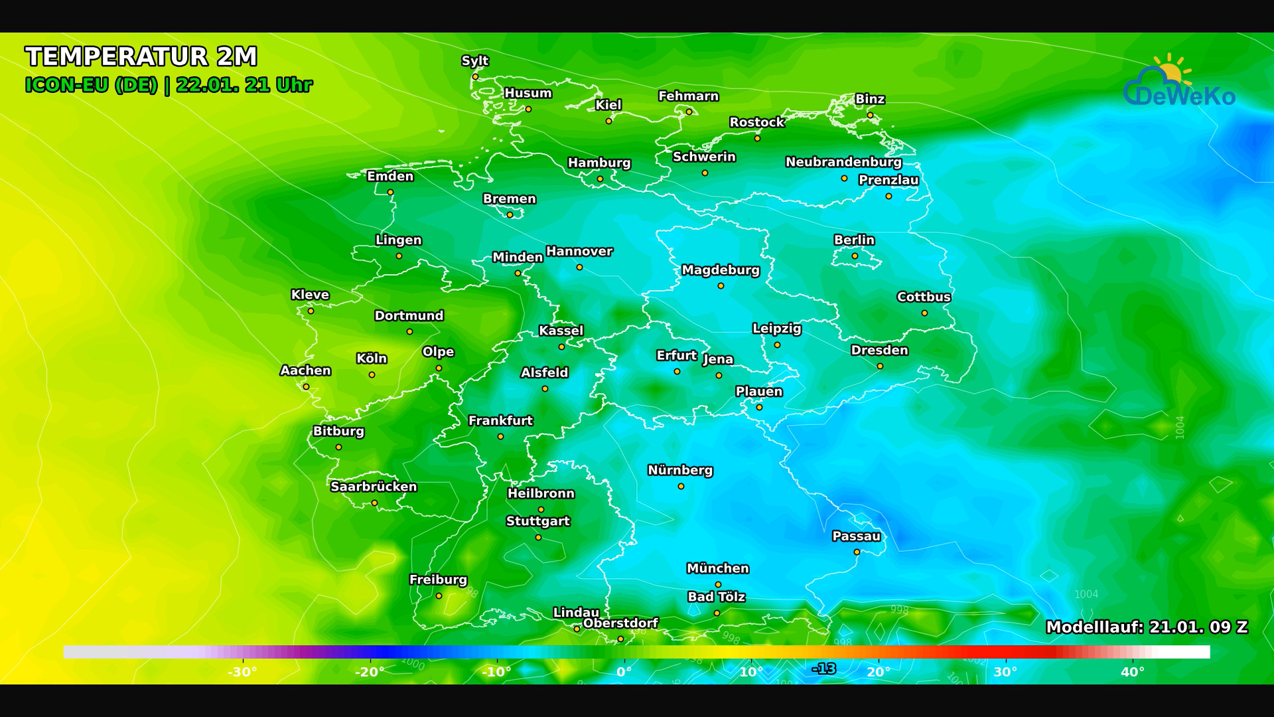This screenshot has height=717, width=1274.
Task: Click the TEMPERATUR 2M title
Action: (141, 56)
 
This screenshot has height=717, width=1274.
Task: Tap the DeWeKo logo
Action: (1179, 83)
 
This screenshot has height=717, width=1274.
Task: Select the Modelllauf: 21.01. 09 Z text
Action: (1146, 627)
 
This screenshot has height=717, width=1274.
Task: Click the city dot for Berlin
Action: (855, 256)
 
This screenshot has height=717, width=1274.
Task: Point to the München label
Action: (717, 568)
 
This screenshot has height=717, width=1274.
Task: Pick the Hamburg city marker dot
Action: (600, 179)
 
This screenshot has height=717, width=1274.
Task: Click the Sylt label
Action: (474, 60)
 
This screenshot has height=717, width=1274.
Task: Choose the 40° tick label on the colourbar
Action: (1132, 672)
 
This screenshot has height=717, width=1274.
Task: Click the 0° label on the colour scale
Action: (624, 672)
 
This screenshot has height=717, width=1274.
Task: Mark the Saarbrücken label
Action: (374, 487)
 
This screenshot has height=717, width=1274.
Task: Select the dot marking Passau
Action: (857, 552)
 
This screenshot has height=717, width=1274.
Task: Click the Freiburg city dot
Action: (439, 596)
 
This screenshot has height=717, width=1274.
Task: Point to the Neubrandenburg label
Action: (843, 162)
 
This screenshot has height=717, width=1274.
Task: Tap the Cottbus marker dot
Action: (924, 313)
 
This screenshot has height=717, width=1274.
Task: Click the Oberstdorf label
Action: (620, 623)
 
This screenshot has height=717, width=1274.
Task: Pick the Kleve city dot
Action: (311, 311)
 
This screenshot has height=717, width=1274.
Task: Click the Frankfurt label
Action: (500, 420)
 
